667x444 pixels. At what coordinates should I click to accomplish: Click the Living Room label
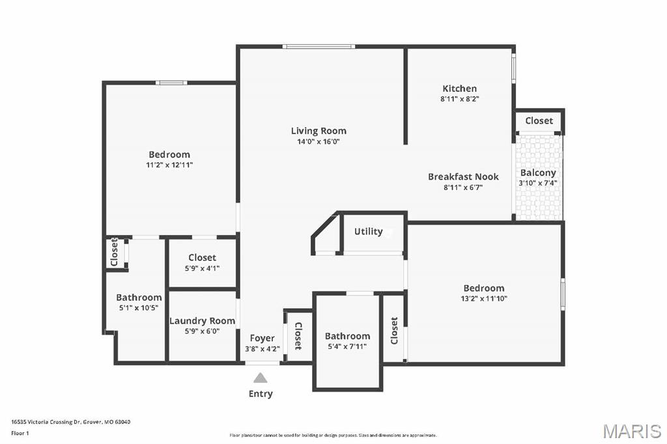tap(319, 131)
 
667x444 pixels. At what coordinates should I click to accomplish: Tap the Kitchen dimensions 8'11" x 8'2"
tap(460, 99)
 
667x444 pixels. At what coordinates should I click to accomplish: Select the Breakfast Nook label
tap(463, 176)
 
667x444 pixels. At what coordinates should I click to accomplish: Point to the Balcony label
tap(538, 173)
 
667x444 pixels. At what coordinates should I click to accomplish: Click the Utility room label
tap(369, 231)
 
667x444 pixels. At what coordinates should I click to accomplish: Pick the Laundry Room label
tap(202, 321)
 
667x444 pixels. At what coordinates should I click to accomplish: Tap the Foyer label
tap(262, 338)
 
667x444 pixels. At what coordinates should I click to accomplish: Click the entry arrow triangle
tap(261, 378)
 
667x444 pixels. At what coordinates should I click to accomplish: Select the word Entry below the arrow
tap(261, 394)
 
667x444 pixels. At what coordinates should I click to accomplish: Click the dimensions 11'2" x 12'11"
tap(169, 165)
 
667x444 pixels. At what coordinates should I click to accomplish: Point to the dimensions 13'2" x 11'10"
tap(484, 299)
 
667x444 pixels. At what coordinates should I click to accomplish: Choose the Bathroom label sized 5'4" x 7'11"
tap(348, 336)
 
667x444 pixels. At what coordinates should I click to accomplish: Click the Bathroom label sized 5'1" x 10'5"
tap(139, 298)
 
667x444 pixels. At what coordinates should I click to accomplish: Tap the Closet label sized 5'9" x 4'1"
tap(202, 258)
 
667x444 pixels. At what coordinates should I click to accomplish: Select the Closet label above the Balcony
tap(539, 121)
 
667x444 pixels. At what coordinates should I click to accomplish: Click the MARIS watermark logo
tap(632, 431)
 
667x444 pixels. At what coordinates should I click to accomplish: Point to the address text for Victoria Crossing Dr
tap(70, 422)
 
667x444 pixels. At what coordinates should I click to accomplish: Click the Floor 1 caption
tap(20, 434)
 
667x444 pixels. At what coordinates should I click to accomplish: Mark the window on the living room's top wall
tap(319, 46)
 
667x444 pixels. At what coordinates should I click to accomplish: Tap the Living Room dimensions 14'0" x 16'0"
tap(319, 142)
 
